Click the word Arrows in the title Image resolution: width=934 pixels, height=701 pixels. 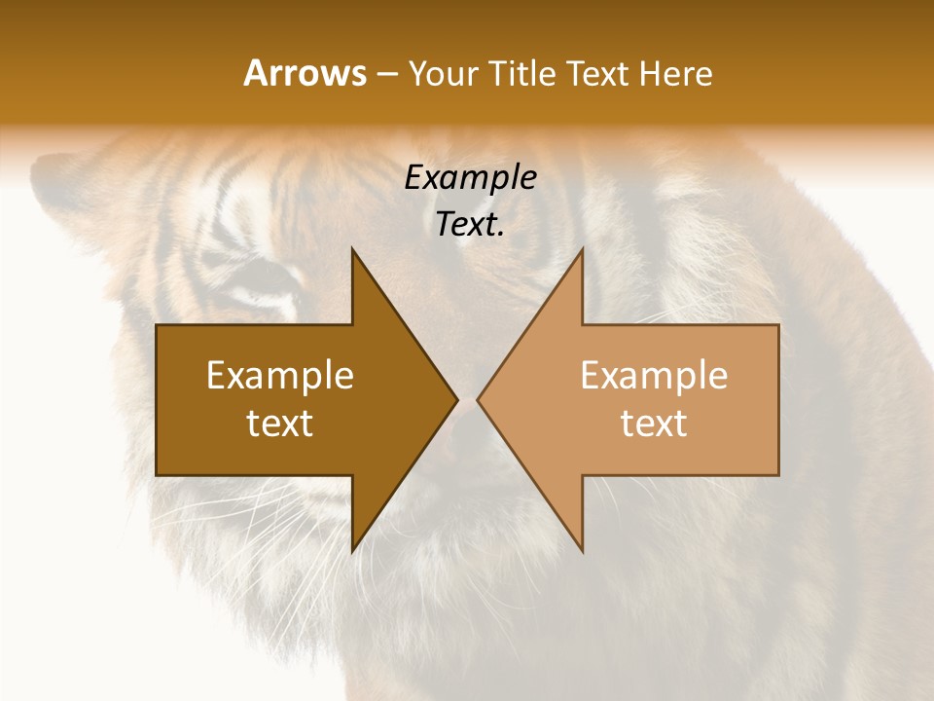point(305,73)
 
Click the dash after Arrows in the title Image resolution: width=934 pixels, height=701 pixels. point(386,75)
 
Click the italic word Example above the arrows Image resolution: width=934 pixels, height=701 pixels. point(471,178)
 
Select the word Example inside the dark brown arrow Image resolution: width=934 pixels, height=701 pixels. point(280,376)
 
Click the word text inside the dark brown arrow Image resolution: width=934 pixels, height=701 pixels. point(280,424)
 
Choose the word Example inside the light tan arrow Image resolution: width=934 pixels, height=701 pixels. point(654,376)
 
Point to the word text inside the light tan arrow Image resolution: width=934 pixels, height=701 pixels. point(654,424)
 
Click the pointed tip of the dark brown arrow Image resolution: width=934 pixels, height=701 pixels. point(457,399)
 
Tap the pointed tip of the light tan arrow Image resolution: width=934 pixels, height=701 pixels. point(478,399)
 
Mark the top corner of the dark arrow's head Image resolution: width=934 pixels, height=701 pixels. point(352,249)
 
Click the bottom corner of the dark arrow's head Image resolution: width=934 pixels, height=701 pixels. point(352,551)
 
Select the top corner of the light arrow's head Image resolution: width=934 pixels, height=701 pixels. point(582,249)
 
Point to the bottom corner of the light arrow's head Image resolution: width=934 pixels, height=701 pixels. point(582,551)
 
